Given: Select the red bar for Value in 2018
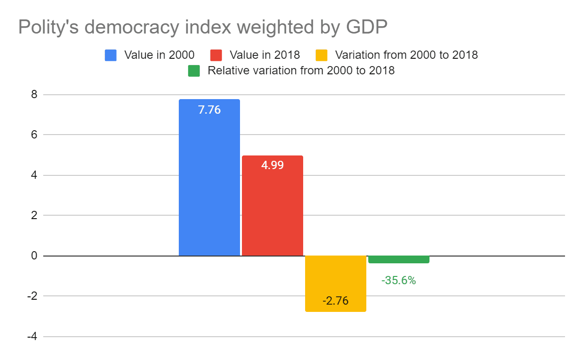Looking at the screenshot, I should [x=273, y=209].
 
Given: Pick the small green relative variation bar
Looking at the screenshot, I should [x=399, y=259].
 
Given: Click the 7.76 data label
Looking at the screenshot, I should [x=209, y=110].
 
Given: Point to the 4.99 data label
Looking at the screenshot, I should [x=273, y=165].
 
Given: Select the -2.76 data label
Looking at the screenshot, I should [x=335, y=301].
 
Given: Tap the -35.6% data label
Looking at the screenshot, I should [x=399, y=280].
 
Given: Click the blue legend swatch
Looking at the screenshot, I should [x=111, y=55].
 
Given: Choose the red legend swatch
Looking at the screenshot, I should [x=216, y=55].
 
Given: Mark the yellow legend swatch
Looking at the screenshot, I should [x=321, y=55].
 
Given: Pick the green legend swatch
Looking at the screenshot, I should [x=194, y=70].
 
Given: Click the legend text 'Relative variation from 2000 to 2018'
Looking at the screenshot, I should [x=301, y=70].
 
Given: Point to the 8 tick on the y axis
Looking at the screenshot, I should [x=34, y=94].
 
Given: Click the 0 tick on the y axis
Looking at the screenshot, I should [x=34, y=256].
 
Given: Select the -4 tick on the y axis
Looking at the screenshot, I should [x=32, y=336].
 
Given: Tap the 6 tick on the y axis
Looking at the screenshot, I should [x=34, y=135].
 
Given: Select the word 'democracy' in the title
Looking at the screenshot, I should [x=136, y=28].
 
